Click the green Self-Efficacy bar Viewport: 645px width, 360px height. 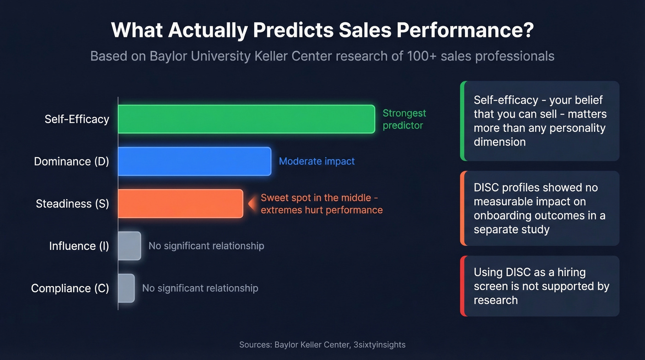click(x=246, y=119)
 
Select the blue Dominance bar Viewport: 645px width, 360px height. click(x=194, y=161)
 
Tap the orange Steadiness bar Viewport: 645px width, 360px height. click(x=180, y=203)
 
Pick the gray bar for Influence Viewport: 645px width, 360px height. click(x=129, y=246)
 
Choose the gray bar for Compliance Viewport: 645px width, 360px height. click(x=126, y=288)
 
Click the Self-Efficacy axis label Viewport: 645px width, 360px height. click(x=77, y=119)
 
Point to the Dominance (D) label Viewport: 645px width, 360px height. click(x=71, y=161)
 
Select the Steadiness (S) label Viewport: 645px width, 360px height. click(x=72, y=204)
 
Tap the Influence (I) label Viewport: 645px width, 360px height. click(x=79, y=246)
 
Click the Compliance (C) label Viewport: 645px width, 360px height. click(x=70, y=288)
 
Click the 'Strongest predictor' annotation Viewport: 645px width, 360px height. click(x=404, y=119)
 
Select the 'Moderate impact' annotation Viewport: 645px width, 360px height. click(x=317, y=161)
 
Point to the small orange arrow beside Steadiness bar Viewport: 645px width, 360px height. click(x=252, y=203)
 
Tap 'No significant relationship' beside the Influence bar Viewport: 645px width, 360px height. click(x=206, y=246)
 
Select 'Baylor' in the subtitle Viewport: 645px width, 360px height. click(x=167, y=56)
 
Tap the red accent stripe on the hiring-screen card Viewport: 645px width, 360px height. click(x=463, y=286)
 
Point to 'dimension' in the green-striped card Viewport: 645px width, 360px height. click(x=499, y=142)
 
